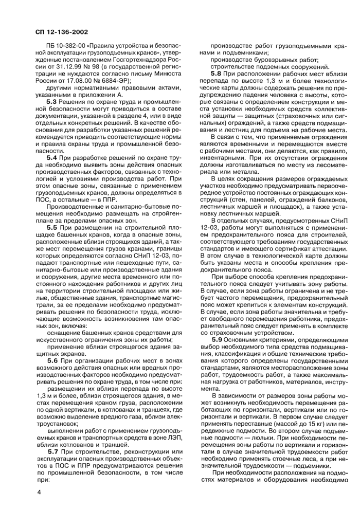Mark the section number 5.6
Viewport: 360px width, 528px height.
pos(54,360)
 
